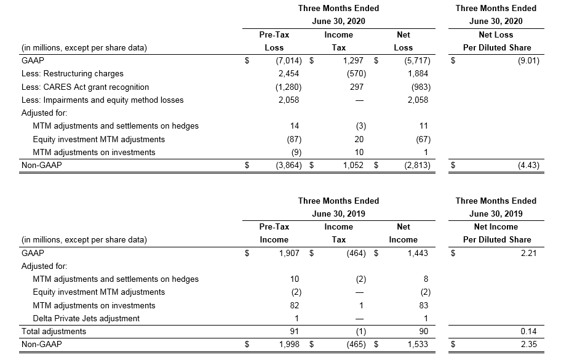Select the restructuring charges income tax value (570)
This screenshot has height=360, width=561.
tap(356, 74)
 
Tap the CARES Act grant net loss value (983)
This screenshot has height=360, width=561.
tap(421, 87)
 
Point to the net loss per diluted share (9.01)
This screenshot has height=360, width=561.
tap(528, 60)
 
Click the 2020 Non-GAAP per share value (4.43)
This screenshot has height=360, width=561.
tap(528, 166)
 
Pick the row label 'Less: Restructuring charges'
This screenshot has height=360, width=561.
tap(72, 74)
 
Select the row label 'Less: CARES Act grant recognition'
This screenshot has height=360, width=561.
tap(85, 87)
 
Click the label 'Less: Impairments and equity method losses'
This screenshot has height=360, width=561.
tap(102, 100)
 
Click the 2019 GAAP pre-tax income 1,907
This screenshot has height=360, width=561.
tap(289, 254)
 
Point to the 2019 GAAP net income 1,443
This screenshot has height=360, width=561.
tap(418, 254)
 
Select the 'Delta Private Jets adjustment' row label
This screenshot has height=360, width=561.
tap(86, 319)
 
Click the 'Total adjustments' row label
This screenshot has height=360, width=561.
tap(54, 331)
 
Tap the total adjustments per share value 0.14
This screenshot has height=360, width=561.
tap(529, 331)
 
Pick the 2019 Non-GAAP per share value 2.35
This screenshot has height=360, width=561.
tap(529, 344)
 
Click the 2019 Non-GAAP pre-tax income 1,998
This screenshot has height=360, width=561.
tap(289, 344)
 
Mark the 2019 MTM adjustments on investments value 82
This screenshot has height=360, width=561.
tap(295, 306)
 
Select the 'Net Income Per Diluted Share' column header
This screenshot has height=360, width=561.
tap(496, 233)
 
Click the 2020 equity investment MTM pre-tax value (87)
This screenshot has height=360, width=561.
tap(294, 140)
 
